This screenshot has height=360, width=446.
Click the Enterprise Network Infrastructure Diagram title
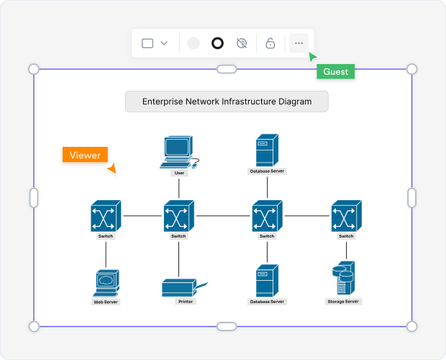227,102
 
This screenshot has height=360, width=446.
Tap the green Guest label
335,72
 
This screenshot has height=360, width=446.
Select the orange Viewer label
85,155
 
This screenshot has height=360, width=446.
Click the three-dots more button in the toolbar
299,43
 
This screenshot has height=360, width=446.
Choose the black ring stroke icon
217,43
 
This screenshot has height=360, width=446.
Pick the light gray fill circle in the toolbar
193,43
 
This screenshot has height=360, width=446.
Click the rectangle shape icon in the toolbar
147,43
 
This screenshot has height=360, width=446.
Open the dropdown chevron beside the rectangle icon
164,43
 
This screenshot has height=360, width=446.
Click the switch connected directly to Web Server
106,216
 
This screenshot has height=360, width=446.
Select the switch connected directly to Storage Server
346,216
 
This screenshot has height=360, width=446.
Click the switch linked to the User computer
178,216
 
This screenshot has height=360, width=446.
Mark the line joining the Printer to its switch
178,259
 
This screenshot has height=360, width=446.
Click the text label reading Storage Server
342,302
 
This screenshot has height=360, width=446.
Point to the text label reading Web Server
106,302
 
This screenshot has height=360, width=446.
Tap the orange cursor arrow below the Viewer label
111,169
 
